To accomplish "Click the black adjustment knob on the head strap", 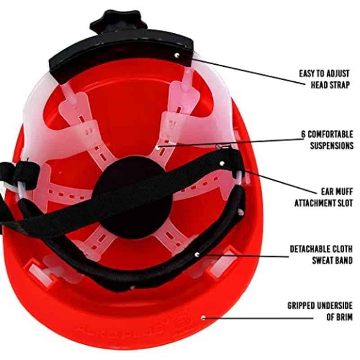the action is (118, 22).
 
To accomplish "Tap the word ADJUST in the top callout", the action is (337, 74).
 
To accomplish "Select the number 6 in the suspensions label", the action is (303, 134).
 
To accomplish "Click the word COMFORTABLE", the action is (331, 134).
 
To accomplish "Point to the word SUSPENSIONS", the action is (332, 145).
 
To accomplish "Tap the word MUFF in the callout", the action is (343, 192).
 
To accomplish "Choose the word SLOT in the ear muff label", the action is (345, 203).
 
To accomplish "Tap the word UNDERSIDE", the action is (335, 306).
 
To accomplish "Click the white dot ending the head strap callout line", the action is (176, 55).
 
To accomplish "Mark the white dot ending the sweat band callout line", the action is (197, 254).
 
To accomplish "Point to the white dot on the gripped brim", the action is (203, 318).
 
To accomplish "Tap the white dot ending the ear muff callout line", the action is (222, 163).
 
